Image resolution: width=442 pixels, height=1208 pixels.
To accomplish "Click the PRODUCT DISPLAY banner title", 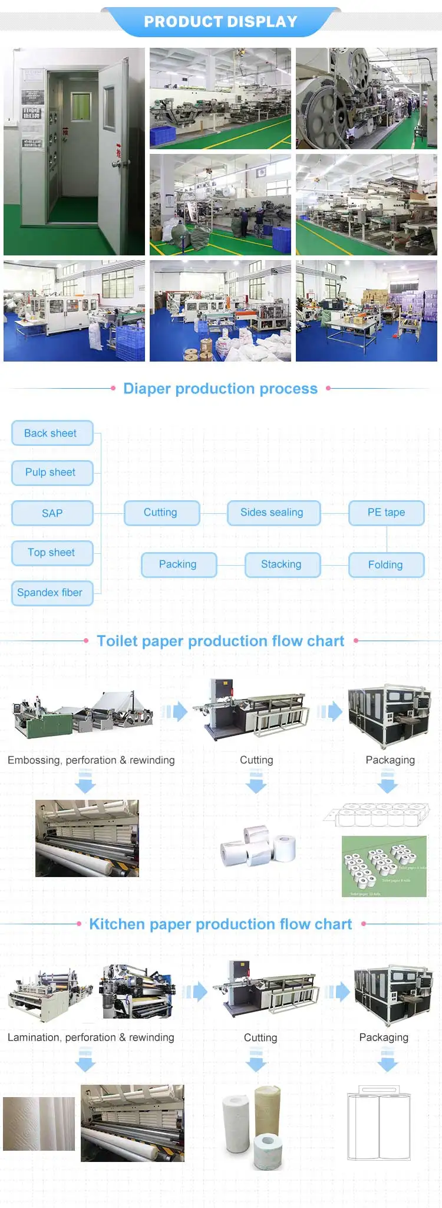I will coord(220,22).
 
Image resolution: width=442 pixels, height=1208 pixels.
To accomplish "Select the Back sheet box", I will coord(52,433).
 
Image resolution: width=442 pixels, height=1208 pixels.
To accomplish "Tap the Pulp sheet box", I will coord(52,472).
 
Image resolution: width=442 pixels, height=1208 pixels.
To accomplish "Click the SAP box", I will coord(52,513).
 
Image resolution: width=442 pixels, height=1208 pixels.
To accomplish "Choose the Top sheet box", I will coord(52,553).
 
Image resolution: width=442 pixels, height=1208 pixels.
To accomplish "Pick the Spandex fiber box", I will coord(52,593).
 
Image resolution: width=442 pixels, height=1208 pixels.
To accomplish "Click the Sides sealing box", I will coord(273,513).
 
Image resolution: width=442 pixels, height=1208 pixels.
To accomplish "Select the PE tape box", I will coord(386,513).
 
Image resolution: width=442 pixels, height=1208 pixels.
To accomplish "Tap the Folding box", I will coord(386,564).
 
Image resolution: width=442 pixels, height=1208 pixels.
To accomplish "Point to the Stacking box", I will coord(282,564).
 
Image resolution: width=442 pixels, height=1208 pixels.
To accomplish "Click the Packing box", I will coord(179,564).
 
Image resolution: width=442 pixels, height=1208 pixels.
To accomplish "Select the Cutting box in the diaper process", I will coord(161,513).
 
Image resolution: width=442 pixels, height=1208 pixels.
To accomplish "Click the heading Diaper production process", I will coord(220,389).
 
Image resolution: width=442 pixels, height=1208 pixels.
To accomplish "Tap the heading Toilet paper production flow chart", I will coord(220,641).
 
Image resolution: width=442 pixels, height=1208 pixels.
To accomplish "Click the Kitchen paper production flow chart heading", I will coord(220,924).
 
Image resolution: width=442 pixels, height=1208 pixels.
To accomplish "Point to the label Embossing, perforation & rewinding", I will coord(91,760).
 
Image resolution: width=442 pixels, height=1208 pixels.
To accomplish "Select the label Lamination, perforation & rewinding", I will coord(91,1038).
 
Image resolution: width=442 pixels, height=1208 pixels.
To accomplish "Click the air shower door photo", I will coord(74,152).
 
